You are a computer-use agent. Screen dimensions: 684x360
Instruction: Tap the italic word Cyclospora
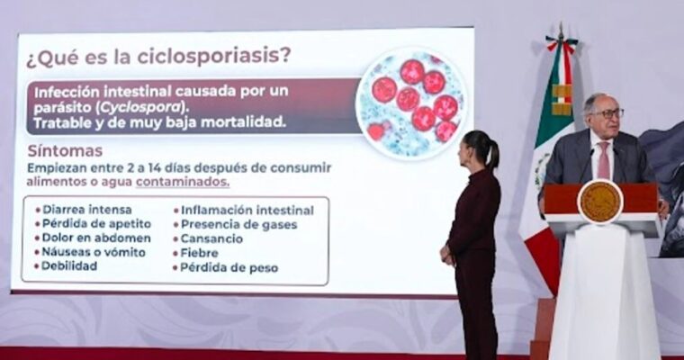click(x=139, y=107)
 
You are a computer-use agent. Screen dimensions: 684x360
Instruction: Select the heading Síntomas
click(x=65, y=151)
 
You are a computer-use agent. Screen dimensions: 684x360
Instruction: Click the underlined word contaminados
click(x=183, y=182)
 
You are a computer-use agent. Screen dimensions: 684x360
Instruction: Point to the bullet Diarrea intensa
click(x=84, y=210)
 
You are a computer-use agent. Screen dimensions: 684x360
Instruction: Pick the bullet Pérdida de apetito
click(x=94, y=224)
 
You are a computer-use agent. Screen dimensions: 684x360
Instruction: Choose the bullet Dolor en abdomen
click(x=94, y=238)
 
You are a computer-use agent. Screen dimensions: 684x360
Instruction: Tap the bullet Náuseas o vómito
click(x=91, y=252)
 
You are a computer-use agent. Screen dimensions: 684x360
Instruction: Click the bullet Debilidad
click(x=67, y=265)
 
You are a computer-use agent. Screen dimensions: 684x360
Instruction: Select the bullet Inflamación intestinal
click(x=244, y=211)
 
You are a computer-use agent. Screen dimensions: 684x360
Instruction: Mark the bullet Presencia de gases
click(x=236, y=225)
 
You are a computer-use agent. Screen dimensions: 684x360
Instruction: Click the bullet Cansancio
click(x=209, y=238)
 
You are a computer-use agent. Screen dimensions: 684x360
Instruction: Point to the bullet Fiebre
click(x=196, y=253)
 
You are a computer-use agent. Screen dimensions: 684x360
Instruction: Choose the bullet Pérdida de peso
click(x=226, y=267)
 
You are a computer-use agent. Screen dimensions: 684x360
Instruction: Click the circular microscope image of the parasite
click(x=412, y=102)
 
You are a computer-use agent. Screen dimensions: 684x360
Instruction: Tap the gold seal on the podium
click(x=600, y=202)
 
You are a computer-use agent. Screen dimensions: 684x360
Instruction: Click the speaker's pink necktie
click(x=604, y=160)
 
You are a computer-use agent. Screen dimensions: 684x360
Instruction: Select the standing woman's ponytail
click(x=492, y=154)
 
